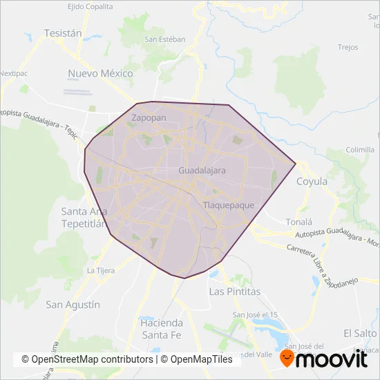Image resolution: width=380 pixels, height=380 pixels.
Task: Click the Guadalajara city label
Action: (202, 169)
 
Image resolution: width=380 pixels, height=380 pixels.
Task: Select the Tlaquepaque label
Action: (229, 205)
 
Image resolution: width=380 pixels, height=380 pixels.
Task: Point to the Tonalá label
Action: (299, 222)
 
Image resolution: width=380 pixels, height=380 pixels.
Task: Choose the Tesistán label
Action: (63, 32)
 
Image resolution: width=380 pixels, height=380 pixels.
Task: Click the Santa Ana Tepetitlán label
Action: (82, 217)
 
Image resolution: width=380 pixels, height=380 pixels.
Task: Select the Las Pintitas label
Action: (235, 292)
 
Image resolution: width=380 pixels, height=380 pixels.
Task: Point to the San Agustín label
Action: (73, 304)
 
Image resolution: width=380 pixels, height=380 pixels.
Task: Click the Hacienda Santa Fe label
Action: (162, 328)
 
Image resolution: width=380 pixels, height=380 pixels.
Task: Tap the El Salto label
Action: (359, 332)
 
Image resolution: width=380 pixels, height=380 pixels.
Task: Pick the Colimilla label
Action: (360, 149)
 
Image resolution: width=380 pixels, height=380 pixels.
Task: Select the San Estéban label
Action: (164, 39)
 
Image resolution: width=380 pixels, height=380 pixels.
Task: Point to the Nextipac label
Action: (12, 72)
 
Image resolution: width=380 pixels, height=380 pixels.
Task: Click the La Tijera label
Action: (100, 270)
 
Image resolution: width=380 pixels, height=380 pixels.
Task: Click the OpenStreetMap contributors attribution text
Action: (87, 360)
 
